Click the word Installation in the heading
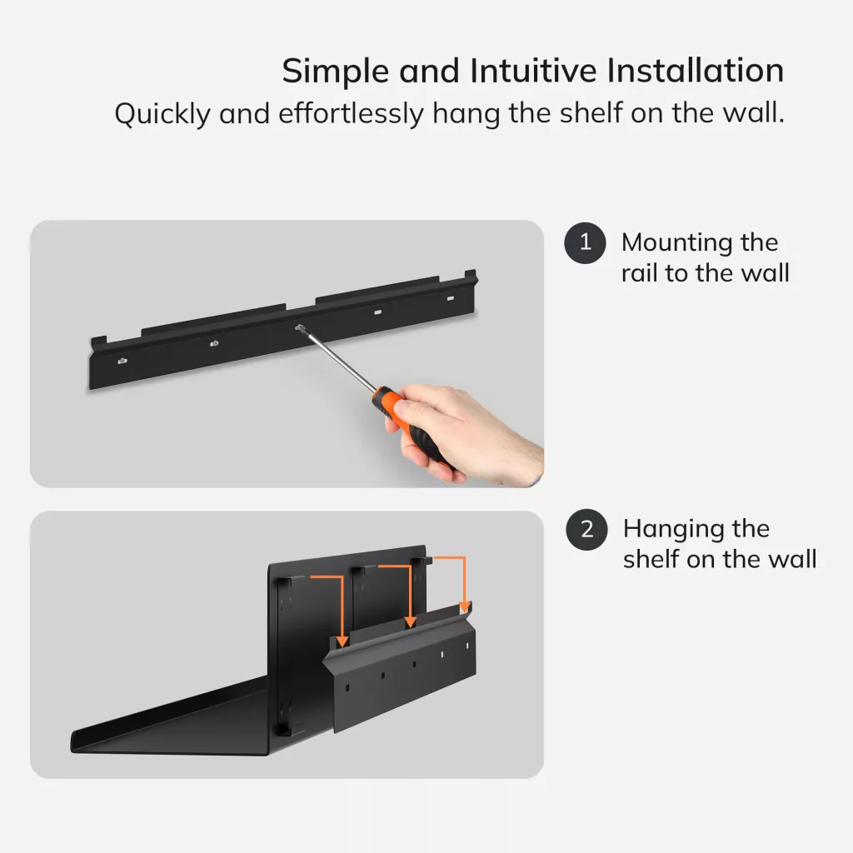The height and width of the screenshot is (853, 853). pos(696,71)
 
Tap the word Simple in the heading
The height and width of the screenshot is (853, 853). pos(336,72)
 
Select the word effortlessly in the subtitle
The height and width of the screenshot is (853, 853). pos(351,113)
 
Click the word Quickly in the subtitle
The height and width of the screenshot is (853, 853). pos(162,114)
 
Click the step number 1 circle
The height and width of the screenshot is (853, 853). pos(585,242)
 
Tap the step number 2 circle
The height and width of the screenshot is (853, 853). pos(586,529)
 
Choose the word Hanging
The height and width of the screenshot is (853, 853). pos(673,529)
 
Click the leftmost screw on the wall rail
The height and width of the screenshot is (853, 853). pos(122,361)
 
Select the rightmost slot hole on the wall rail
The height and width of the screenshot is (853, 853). pos(451,298)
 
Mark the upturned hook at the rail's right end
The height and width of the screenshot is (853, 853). pos(471,275)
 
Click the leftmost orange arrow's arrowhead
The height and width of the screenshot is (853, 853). pos(342,641)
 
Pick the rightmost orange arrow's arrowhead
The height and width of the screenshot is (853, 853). pos(465,606)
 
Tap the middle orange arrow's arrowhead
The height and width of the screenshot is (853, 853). pos(410,622)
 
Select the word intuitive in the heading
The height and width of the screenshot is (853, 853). pos(534,71)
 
